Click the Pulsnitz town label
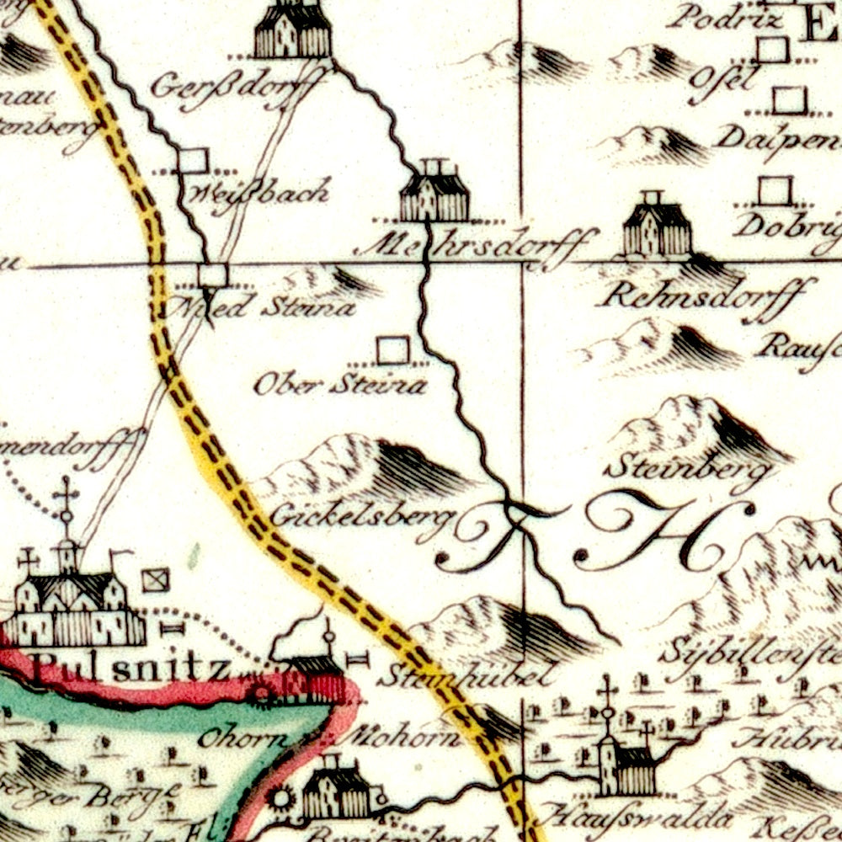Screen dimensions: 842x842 click(126, 671)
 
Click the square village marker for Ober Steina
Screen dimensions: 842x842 click(392, 349)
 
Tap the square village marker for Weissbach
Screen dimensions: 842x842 click(194, 161)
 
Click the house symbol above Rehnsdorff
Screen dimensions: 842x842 click(657, 227)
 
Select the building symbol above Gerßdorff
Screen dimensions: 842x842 click(292, 32)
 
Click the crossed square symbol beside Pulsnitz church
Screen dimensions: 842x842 click(155, 579)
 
